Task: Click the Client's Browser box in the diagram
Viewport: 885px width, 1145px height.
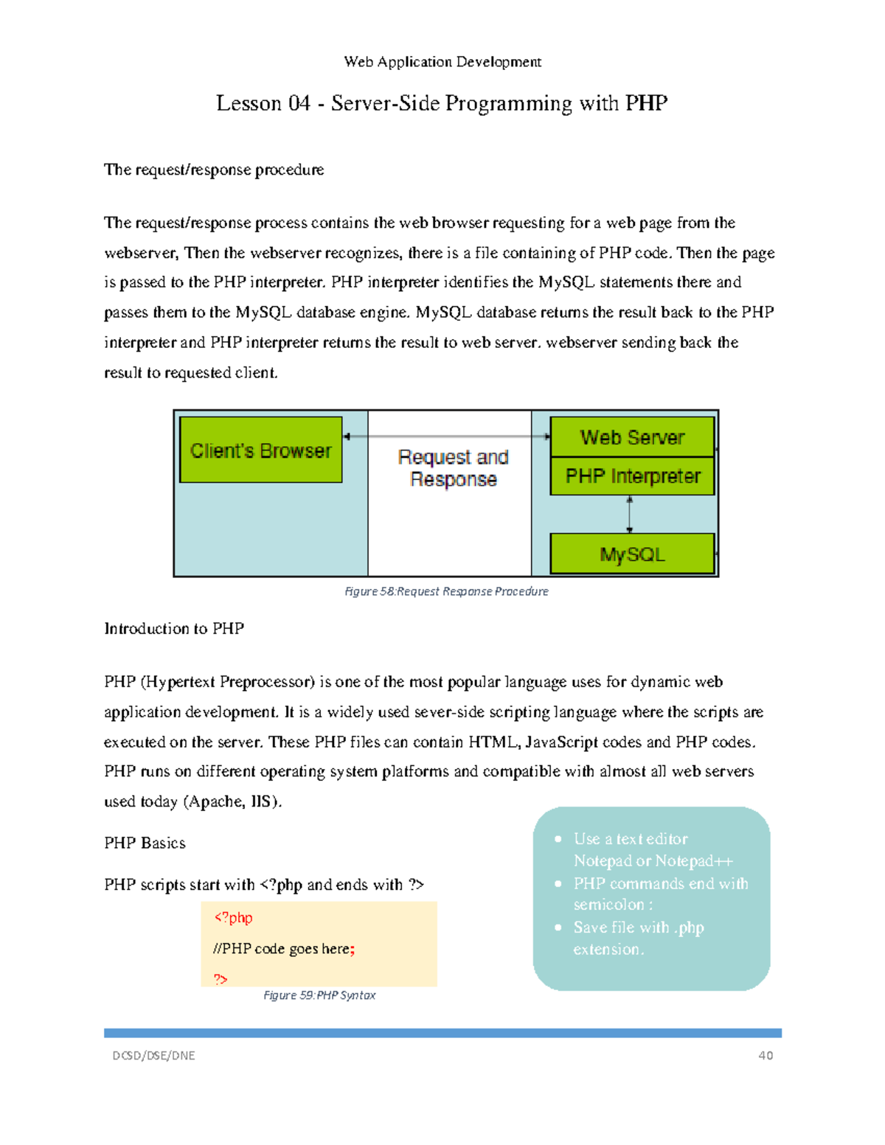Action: point(260,450)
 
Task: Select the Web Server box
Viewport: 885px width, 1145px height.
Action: point(632,437)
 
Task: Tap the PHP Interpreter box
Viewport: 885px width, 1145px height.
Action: point(632,476)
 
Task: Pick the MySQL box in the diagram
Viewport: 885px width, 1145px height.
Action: point(632,554)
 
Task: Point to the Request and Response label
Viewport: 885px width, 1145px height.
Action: point(453,468)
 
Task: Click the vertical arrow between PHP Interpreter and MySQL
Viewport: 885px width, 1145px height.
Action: point(629,514)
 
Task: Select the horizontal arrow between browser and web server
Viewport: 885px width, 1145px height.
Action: point(447,436)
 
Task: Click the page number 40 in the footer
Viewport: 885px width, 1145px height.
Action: point(766,1055)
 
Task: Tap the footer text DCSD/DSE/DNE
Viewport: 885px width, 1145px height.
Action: point(153,1055)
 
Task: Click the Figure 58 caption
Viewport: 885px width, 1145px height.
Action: point(446,591)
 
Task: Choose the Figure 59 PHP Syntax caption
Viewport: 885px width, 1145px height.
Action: point(319,995)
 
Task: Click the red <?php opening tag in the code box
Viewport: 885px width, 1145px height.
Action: point(233,918)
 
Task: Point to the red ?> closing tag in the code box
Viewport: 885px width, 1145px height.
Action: point(221,979)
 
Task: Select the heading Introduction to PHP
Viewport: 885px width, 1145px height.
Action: point(174,629)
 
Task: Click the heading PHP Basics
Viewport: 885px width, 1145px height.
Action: point(145,843)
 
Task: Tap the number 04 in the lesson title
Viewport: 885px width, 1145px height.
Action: point(299,103)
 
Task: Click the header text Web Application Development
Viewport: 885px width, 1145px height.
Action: point(442,62)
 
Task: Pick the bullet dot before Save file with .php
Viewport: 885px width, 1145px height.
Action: point(558,928)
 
